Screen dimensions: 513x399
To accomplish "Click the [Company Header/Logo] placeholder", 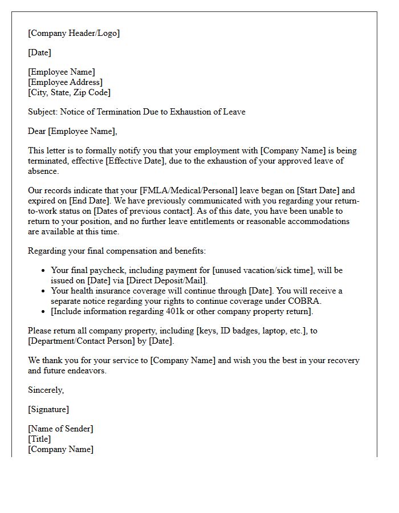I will coord(74,33).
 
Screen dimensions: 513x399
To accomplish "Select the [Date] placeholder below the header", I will coord(39,52).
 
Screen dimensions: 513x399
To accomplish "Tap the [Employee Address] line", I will coord(66,82).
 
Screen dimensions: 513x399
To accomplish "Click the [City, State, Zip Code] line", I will coord(70,92).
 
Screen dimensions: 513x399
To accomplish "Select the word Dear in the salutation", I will coord(37,131).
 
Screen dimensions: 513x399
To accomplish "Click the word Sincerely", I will coord(46,390).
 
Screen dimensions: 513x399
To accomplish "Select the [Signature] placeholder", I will coord(48,409).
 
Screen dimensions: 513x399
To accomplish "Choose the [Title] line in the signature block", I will coord(39,439).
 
